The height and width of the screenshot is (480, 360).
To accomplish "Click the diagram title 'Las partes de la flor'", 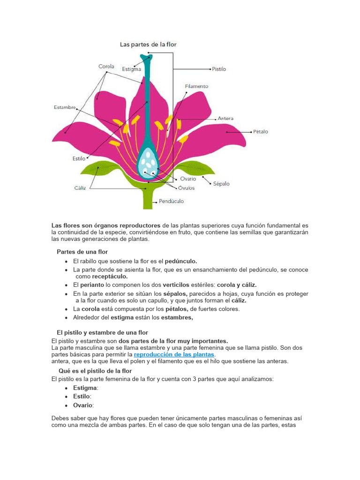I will tap(148, 45).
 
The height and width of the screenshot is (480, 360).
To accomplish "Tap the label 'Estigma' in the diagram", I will tap(132, 69).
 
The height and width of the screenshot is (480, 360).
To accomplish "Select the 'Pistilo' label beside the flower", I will tap(219, 69).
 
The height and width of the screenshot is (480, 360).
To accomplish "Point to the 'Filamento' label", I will tap(197, 86).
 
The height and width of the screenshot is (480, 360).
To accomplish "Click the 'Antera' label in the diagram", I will tap(225, 119).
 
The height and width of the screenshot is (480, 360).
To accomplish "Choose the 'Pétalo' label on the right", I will tap(261, 132).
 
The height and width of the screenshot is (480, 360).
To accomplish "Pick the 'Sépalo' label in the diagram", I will tap(221, 184).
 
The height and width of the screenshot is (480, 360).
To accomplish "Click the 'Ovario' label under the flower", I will tap(188, 179).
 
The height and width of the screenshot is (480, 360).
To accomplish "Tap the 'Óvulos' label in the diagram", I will tap(186, 188).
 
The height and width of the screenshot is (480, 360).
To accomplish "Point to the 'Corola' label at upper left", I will tap(106, 67).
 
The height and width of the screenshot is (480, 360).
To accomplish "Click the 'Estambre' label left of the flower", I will tap(65, 107).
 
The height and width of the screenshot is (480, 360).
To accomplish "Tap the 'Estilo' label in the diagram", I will tap(79, 158).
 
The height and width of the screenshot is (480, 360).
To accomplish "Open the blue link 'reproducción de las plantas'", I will tap(174, 354).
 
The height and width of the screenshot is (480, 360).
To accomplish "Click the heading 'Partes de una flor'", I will tap(82, 252).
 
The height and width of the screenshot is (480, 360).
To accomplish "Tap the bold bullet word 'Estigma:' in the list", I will tap(85, 388).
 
